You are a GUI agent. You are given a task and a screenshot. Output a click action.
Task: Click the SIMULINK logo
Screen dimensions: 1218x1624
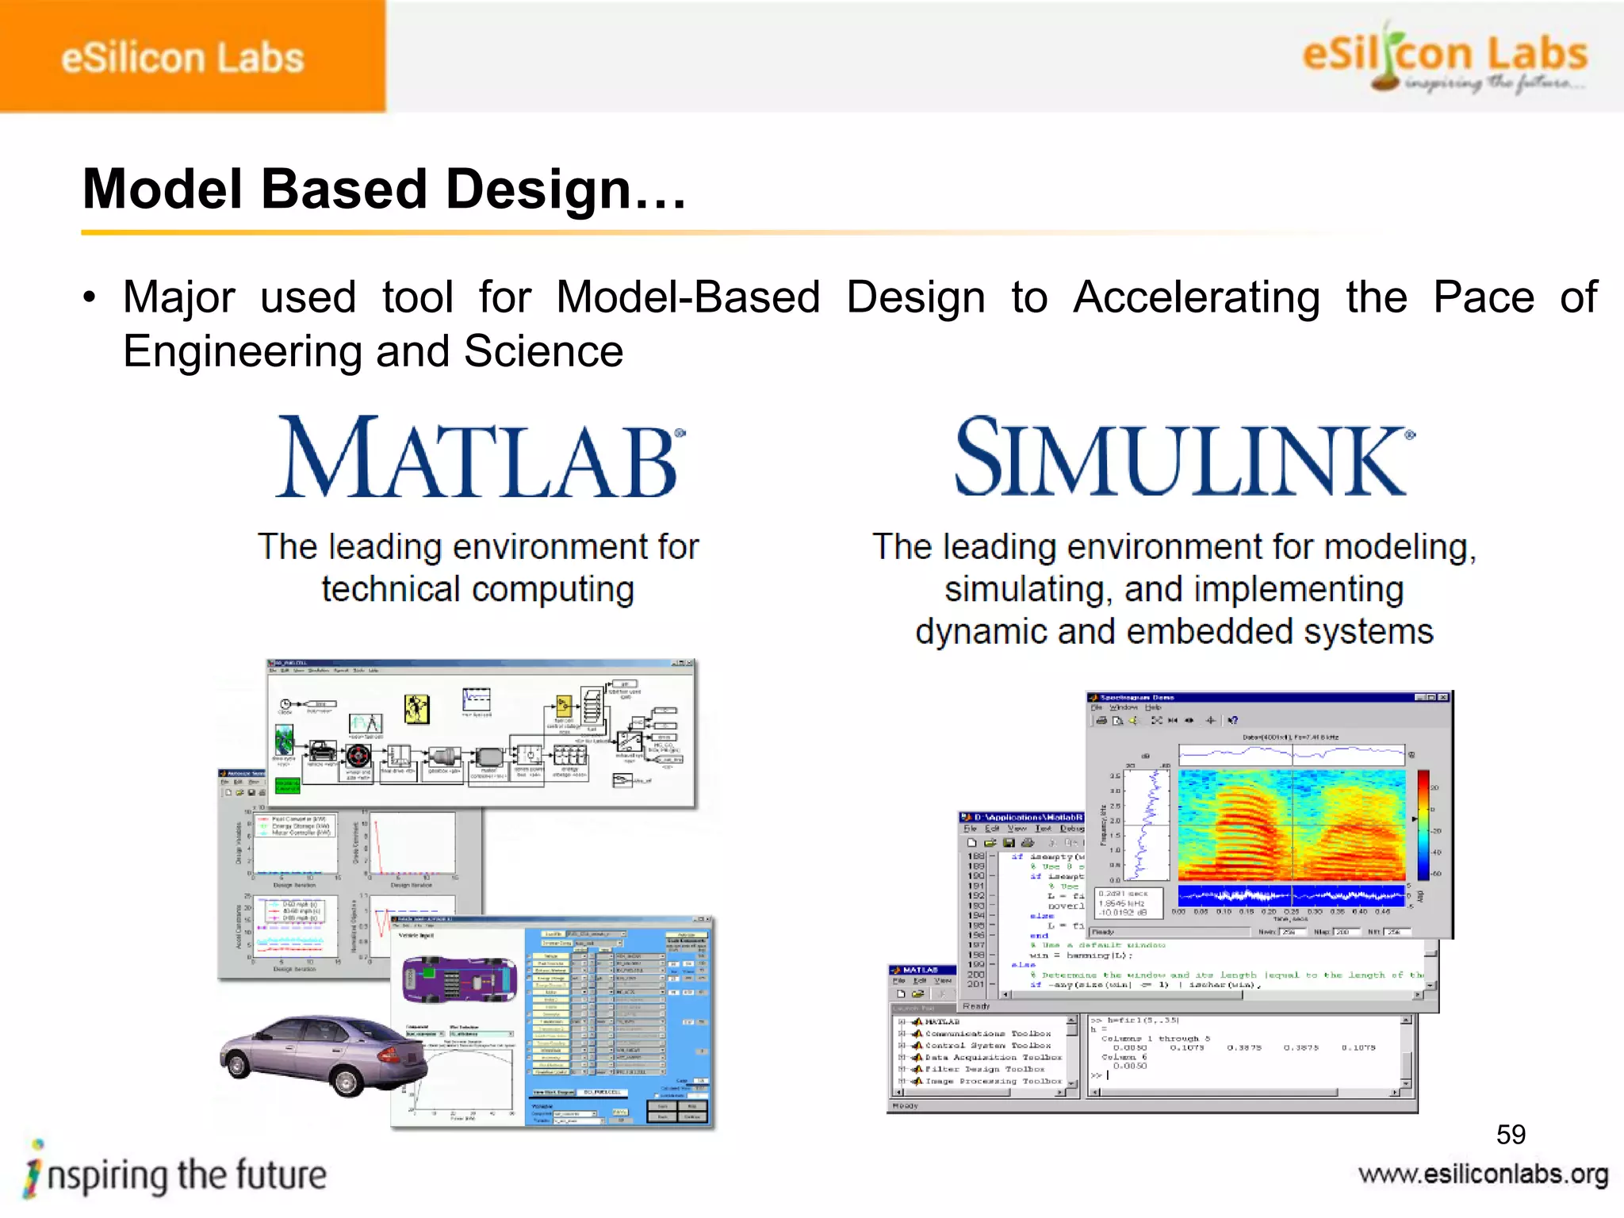(1183, 458)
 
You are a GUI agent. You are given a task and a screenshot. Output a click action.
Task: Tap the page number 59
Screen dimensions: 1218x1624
(1511, 1135)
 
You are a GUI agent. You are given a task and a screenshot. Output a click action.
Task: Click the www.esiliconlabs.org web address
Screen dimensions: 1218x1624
(1483, 1174)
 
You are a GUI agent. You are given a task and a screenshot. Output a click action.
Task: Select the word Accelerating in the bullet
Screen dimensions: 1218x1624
(1196, 298)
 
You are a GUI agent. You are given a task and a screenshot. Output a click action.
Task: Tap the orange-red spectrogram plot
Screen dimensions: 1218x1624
(1291, 825)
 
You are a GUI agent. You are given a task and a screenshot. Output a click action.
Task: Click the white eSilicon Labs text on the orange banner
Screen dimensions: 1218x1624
(182, 59)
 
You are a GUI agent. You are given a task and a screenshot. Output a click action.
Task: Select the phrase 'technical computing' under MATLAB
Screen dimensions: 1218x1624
(478, 590)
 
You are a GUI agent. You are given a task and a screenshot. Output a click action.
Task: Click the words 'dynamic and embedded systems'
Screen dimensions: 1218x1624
(1174, 632)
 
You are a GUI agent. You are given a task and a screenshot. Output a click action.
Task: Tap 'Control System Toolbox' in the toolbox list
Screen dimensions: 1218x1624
(987, 1045)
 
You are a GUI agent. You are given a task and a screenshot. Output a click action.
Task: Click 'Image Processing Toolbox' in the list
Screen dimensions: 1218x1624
(993, 1081)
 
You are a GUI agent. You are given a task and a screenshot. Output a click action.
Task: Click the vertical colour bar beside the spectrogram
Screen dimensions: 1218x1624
(1423, 825)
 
